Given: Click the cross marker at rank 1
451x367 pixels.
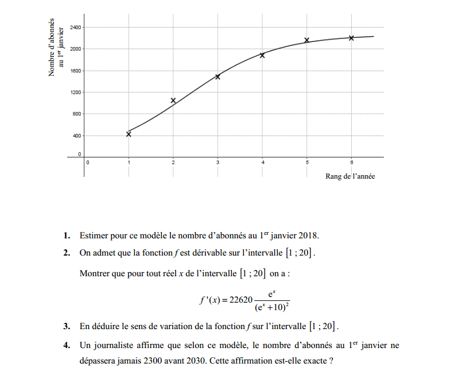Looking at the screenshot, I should click(129, 134).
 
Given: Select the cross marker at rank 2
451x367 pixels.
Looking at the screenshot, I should click(173, 101).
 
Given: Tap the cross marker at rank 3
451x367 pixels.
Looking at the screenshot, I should click(217, 76).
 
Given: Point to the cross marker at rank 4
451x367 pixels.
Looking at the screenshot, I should click(262, 55).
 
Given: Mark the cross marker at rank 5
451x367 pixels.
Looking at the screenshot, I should click(307, 40).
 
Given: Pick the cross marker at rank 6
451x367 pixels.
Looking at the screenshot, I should click(351, 38).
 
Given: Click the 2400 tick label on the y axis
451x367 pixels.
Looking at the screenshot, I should click(76, 28).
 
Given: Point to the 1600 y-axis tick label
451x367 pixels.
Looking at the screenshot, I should click(76, 71).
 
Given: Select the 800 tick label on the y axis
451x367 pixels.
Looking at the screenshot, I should click(77, 114).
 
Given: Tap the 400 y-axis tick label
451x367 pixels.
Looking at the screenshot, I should click(77, 136).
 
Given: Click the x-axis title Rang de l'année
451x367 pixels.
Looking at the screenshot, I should click(350, 176).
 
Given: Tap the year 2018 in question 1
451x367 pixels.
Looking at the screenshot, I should click(308, 235).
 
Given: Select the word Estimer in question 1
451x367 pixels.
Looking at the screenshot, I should click(93, 235).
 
